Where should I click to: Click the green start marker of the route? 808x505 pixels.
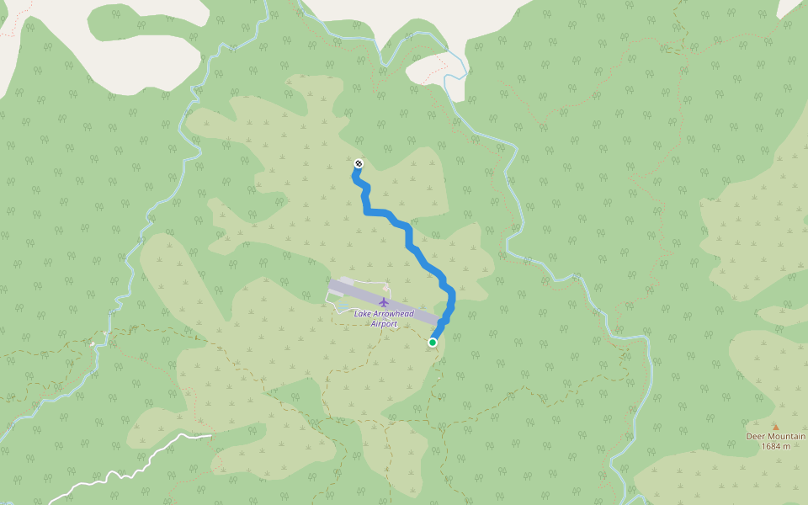pos(433,343)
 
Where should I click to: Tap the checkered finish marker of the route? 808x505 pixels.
pos(359,163)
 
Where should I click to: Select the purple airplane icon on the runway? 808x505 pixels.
pos(384,302)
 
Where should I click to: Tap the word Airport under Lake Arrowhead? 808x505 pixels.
pos(384,323)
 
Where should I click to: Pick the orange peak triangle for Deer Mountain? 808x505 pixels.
pos(776,427)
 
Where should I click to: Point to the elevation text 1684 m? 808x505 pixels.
pos(776,446)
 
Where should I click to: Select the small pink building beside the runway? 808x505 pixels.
pos(386,288)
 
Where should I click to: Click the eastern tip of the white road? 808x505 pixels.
pos(210,434)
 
